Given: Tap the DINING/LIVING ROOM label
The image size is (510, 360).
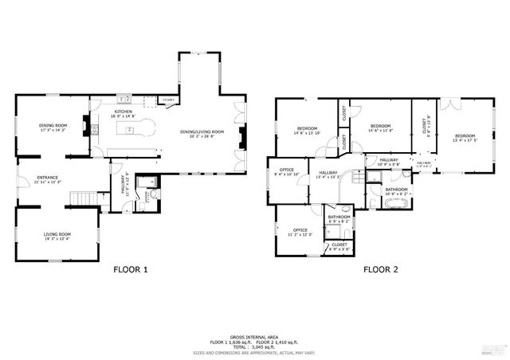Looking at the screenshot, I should click(x=202, y=133).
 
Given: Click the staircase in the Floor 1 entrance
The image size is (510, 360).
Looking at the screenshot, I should click(x=80, y=197).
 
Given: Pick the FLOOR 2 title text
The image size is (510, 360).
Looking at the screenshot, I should click(x=381, y=269).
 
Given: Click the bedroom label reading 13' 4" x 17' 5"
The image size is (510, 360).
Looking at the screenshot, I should click(x=464, y=138).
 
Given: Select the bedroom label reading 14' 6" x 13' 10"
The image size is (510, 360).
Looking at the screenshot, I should click(x=308, y=131).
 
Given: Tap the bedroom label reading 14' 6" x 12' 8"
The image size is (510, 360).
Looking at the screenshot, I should click(x=381, y=128).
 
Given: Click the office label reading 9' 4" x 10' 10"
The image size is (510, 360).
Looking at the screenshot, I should click(x=287, y=171).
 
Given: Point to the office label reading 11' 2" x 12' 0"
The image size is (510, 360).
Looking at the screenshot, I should click(x=300, y=232).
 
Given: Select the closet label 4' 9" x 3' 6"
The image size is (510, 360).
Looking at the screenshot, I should click(x=339, y=247).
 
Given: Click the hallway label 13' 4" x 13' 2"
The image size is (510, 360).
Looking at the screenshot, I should click(x=328, y=175).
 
